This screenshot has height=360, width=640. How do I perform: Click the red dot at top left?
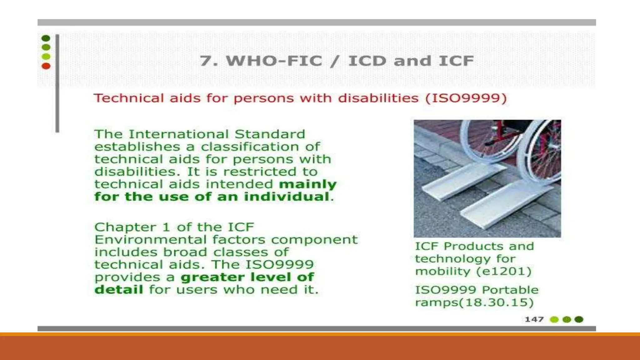point(46,66)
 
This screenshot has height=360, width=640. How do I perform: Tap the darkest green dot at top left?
point(46,38)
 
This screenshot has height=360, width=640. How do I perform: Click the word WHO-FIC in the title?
point(274,61)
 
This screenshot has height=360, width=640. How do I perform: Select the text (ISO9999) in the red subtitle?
point(466,98)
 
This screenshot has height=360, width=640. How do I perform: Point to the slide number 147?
point(534,319)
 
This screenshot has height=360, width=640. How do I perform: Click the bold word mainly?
point(307,184)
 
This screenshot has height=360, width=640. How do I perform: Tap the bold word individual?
point(287,197)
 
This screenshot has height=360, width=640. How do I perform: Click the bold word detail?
point(119,290)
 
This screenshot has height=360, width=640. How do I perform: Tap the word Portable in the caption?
point(510,290)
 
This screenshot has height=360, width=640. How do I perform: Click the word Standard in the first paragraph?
point(269,134)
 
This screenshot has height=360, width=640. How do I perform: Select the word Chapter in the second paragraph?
point(125,227)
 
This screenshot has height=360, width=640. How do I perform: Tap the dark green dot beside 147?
point(579,319)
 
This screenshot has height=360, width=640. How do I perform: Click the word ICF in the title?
point(456,61)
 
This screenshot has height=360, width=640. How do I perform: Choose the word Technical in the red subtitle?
point(129,98)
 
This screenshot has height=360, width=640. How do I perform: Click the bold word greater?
point(212,277)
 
